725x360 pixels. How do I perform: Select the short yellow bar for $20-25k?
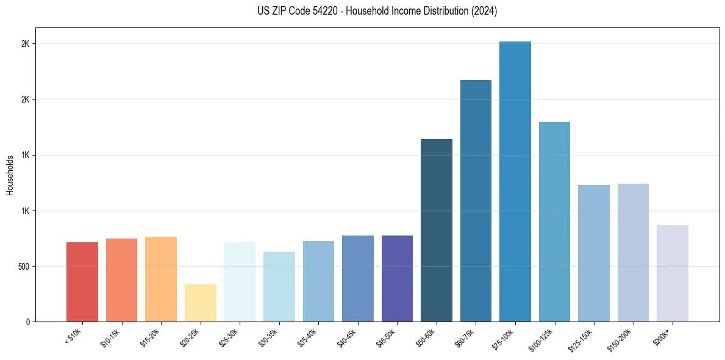[201, 303]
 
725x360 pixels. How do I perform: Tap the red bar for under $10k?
[82, 282]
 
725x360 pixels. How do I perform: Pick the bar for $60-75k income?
[476, 201]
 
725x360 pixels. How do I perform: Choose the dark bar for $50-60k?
[437, 230]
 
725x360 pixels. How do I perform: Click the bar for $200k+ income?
[673, 273]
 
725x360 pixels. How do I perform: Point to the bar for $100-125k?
[554, 221]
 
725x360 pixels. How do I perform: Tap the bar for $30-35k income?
[279, 287]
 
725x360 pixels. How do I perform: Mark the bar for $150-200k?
[633, 253]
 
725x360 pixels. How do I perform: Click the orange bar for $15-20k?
[161, 279]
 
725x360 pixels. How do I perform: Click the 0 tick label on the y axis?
[28, 322]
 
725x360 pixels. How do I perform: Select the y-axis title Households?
[10, 175]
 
